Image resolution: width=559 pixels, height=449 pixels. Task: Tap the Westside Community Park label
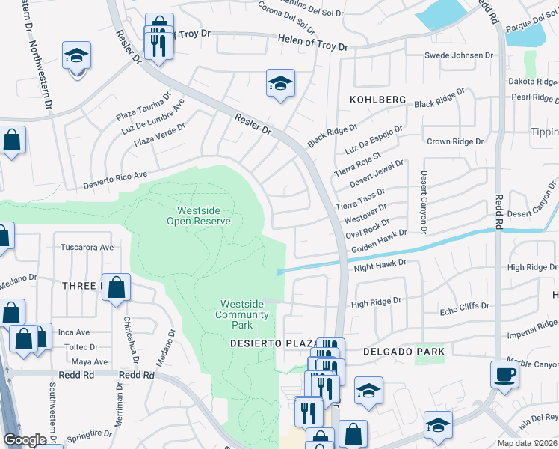[x=242, y=314]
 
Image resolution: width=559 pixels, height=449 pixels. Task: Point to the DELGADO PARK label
[x=404, y=351]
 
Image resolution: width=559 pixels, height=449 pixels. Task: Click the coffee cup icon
[x=504, y=373]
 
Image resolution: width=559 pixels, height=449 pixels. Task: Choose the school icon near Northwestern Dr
[x=75, y=58]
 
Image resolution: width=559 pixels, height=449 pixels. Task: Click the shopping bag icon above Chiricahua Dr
[x=117, y=287]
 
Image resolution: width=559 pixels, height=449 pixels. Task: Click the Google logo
[x=25, y=439]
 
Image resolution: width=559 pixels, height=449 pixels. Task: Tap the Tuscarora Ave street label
[x=86, y=247]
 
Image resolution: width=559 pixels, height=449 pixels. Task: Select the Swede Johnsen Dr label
[x=459, y=55]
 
